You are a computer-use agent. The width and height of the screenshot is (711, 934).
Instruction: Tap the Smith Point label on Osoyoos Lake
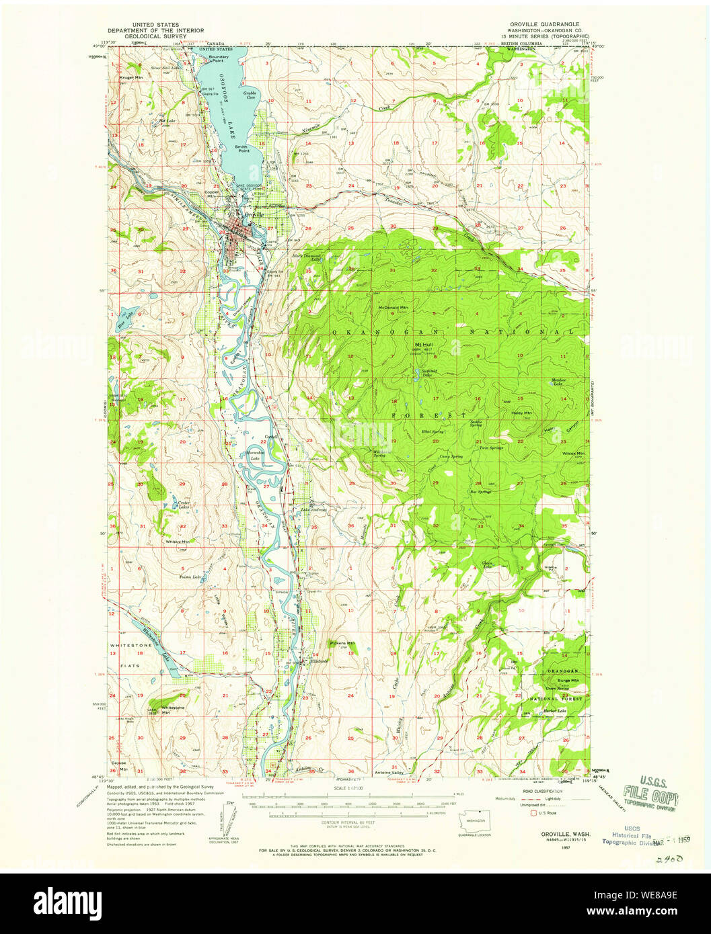pos(241,148)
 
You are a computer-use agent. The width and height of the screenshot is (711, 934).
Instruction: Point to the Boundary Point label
pos(219,58)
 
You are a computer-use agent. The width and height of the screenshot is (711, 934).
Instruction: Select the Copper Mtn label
pos(212,193)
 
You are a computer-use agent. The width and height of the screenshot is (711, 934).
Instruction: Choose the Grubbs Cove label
pos(250,95)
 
